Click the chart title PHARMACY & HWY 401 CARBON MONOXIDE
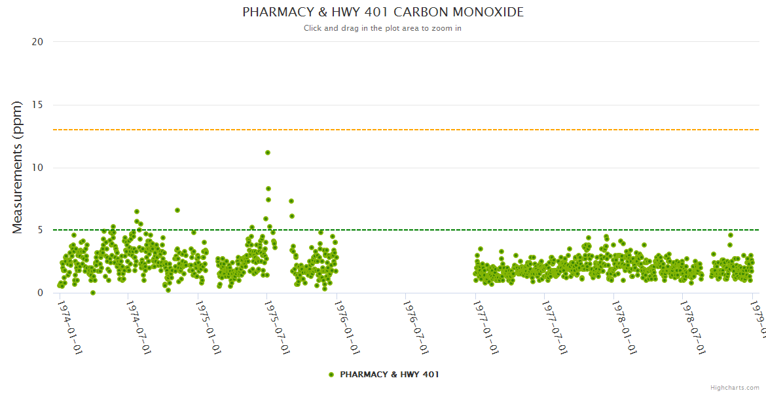pos(383,12)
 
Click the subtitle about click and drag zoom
pos(383,28)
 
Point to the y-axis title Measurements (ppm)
pos(18,167)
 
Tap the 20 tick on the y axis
pos(37,42)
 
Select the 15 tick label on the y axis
pos(37,105)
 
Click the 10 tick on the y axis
pos(37,168)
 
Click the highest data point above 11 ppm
pos(268,153)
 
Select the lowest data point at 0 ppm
pos(93,293)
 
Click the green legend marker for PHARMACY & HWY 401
pos(331,375)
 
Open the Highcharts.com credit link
pos(735,388)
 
